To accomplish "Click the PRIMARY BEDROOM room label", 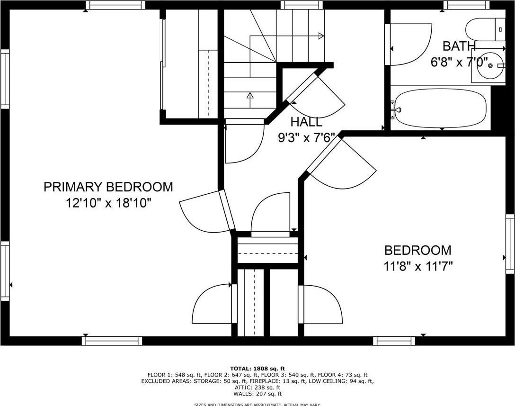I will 108,187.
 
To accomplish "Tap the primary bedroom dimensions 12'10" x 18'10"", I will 108,203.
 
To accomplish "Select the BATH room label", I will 459,46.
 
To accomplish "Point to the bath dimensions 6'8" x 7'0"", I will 459,62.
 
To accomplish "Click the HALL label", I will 306,122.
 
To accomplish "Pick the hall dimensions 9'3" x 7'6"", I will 306,138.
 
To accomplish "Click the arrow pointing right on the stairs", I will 320,36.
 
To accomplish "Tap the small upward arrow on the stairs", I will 250,95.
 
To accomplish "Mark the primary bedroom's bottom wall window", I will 112,341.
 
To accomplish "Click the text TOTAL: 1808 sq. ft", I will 257,369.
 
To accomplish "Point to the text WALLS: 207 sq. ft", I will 257,394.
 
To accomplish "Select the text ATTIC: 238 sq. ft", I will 257,388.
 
